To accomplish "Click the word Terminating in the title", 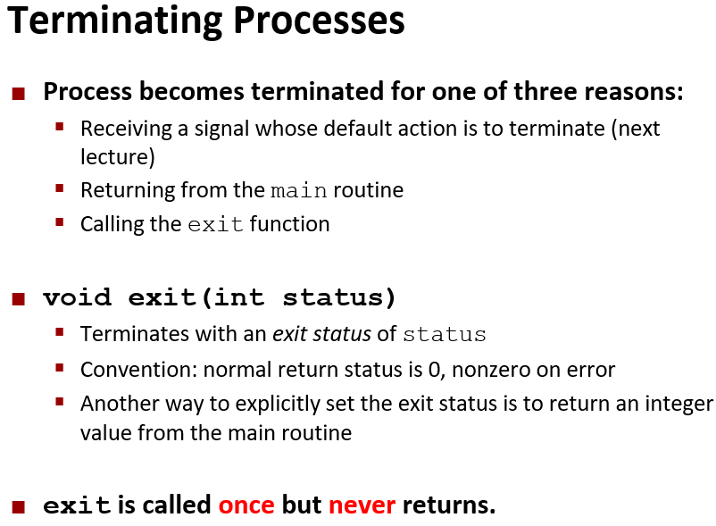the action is click(x=115, y=22).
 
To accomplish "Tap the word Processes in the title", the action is click(x=319, y=21).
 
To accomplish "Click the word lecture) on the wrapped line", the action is click(x=118, y=156).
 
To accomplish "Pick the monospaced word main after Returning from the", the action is click(x=299, y=190).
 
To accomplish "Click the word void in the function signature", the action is click(x=77, y=297).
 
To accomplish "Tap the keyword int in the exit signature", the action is click(x=239, y=297).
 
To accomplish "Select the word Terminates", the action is click(x=135, y=334).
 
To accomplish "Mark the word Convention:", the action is click(x=138, y=370).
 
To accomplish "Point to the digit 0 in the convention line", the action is click(x=434, y=370).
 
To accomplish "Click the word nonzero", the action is click(x=491, y=371).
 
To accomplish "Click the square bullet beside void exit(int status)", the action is click(x=18, y=299).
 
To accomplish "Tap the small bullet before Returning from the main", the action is click(x=59, y=188).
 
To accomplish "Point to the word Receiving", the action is click(x=126, y=129).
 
